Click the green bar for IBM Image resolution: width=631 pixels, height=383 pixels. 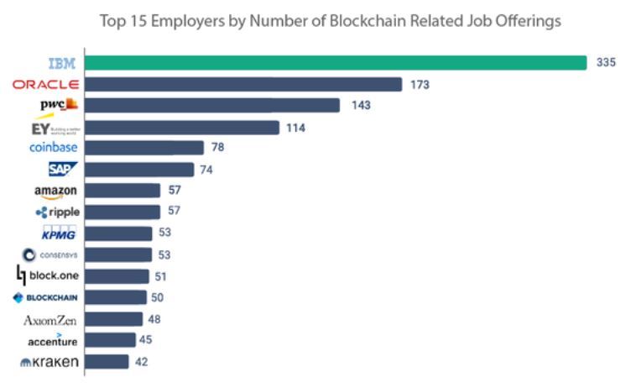click(x=336, y=63)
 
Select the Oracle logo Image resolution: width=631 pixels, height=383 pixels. click(x=46, y=84)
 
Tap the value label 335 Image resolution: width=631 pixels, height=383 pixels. click(x=606, y=63)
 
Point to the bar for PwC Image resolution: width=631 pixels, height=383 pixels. click(x=213, y=105)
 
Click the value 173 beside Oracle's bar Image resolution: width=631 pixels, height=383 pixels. click(x=420, y=84)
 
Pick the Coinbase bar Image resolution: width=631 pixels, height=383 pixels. click(x=144, y=148)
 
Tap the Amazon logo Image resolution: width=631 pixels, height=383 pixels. click(x=55, y=191)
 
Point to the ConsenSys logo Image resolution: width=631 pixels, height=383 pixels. click(x=50, y=254)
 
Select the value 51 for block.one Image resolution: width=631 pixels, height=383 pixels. click(x=161, y=276)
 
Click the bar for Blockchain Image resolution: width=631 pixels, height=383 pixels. click(x=117, y=297)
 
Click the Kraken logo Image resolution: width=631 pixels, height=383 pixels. click(x=50, y=362)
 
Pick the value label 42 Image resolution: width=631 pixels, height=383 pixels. click(x=141, y=362)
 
